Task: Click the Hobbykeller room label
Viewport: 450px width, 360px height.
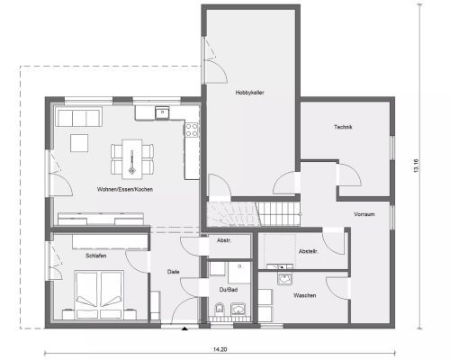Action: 249,93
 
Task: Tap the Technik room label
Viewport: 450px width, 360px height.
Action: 343,127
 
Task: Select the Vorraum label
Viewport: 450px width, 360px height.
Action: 364,214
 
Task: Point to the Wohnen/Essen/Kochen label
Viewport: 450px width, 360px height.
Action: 125,189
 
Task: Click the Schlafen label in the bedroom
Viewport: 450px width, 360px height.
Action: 96,256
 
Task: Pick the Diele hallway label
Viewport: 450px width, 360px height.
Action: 174,272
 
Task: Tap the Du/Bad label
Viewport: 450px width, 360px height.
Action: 229,290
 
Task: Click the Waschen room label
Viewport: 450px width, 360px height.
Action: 304,295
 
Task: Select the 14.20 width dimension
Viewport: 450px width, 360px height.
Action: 220,349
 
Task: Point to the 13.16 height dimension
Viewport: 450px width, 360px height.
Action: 416,165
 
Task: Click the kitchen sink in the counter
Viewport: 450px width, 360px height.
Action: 162,112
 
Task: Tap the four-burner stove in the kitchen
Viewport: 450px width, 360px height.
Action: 192,130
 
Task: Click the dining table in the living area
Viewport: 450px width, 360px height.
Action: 132,158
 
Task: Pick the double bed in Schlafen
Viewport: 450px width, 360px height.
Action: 99,294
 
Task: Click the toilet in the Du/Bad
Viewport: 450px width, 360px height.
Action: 220,309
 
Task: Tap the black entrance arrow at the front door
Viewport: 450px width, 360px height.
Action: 184,328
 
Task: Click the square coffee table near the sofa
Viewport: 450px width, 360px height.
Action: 79,143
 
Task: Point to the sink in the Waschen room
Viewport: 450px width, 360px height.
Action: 284,279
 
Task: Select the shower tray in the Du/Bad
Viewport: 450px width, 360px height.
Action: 239,273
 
